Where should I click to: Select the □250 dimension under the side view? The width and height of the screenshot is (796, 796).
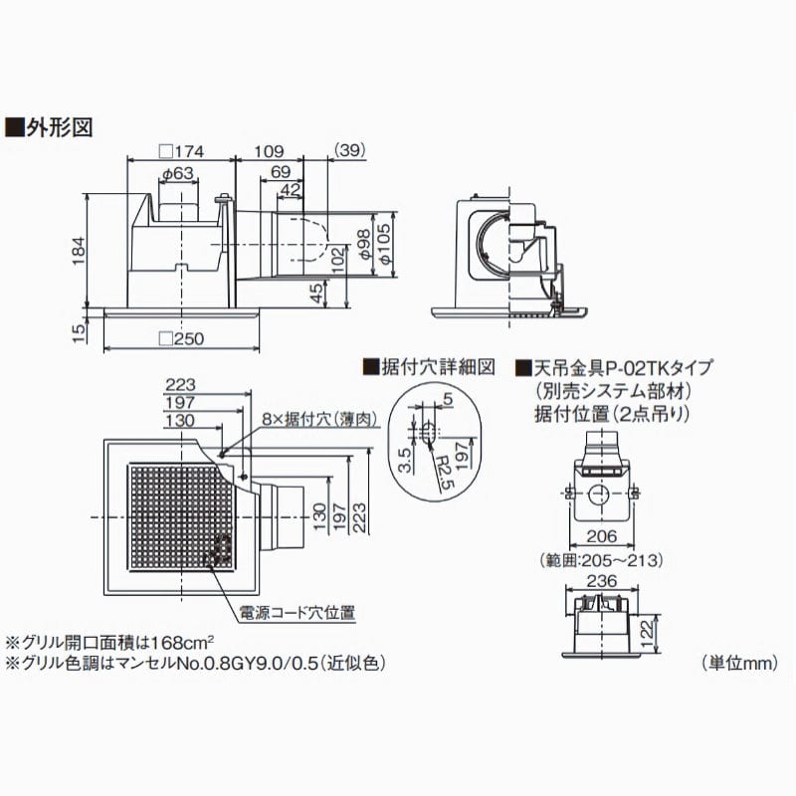[x=181, y=338]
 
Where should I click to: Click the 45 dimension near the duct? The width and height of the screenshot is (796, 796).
[x=317, y=293]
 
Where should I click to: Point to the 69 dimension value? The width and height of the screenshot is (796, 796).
[x=282, y=172]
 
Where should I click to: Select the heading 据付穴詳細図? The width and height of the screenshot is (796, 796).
[x=429, y=366]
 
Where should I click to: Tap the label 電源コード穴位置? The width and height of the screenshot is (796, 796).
[x=296, y=611]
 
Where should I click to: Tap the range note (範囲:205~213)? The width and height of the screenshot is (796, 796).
[x=599, y=559]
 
